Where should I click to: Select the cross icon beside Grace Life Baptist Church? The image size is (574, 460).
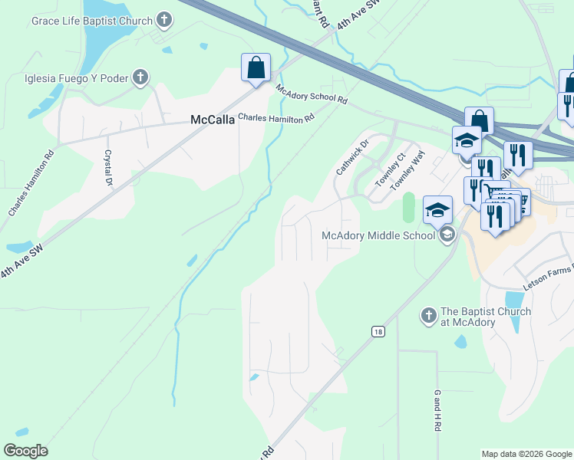(x=164, y=18)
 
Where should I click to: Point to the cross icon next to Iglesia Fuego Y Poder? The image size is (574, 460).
(x=140, y=77)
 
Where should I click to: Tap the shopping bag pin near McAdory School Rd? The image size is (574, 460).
(x=256, y=67)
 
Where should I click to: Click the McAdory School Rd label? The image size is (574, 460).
(x=312, y=96)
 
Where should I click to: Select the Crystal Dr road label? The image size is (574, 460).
(x=108, y=167)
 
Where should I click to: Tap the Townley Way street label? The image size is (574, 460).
(x=407, y=170)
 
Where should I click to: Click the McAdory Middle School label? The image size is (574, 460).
(x=378, y=235)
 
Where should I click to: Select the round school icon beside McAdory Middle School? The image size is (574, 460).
(x=447, y=235)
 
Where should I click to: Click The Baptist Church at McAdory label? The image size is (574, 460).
(x=485, y=317)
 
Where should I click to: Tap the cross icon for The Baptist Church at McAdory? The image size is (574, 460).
(x=429, y=315)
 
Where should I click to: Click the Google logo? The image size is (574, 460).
(x=25, y=451)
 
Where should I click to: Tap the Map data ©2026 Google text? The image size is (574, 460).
(x=526, y=454)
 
